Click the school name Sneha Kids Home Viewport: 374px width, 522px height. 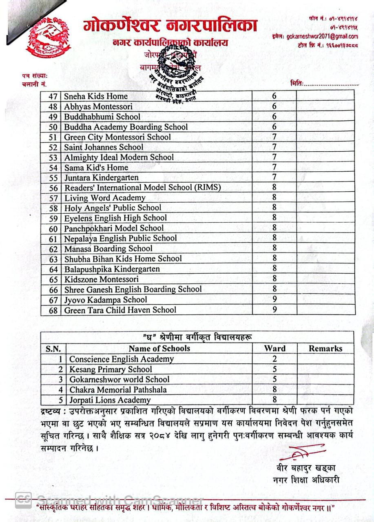point(96,96)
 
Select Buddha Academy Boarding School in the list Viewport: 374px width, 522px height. point(126,127)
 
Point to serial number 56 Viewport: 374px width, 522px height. point(53,188)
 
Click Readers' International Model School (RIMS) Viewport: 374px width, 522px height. point(142,188)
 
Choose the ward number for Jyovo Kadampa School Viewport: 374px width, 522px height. point(274,299)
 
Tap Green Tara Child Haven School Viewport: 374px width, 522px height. point(120,310)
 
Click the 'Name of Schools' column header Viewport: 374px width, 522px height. point(159,348)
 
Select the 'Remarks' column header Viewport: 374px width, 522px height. point(325,348)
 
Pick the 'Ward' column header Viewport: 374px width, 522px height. point(274,348)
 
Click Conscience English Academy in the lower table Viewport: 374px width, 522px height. point(121,359)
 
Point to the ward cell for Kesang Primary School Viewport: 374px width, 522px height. point(274,369)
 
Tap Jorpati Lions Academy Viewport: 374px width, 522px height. point(110,400)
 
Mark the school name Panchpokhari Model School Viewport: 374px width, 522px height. point(114,228)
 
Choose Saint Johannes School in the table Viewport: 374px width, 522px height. point(104,147)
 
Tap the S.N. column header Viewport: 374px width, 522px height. point(53,349)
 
